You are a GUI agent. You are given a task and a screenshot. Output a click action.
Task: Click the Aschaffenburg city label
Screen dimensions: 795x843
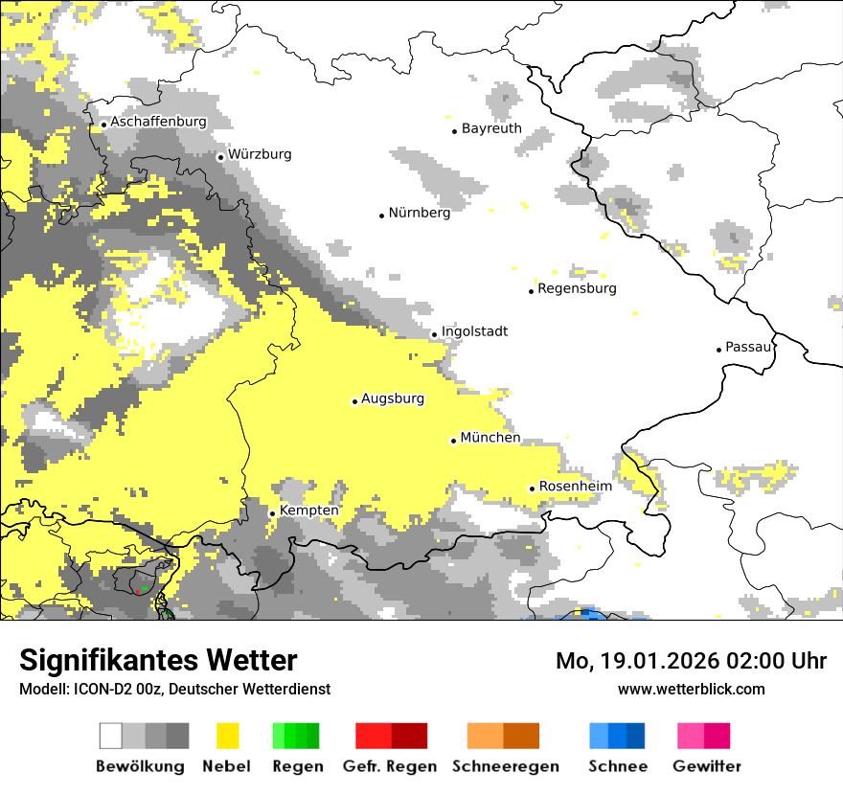[158, 122]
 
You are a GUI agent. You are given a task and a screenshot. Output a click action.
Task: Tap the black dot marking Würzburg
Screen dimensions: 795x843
[220, 157]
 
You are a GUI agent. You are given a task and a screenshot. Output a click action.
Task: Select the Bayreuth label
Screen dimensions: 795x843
[491, 128]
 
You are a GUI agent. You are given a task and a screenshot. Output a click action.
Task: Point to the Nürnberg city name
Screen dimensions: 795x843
[419, 213]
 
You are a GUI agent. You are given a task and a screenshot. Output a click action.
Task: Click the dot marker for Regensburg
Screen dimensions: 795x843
[531, 290]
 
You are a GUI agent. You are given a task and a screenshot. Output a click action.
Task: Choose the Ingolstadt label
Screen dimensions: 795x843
[474, 331]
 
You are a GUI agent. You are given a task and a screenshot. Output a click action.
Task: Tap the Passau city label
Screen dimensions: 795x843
[748, 347]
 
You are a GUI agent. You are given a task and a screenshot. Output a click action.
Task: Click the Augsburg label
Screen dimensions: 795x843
[392, 398]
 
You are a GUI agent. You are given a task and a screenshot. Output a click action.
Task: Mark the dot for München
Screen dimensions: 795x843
[453, 441]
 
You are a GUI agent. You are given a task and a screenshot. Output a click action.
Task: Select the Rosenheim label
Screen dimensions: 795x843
[575, 487]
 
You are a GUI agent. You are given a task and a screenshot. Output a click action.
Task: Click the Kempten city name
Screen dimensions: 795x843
[308, 511]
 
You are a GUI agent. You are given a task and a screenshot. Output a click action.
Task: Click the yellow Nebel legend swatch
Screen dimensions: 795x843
[228, 736]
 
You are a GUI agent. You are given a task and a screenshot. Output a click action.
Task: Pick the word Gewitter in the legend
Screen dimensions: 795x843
[707, 766]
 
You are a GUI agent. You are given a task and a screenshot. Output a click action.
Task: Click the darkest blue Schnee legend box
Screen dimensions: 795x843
[636, 736]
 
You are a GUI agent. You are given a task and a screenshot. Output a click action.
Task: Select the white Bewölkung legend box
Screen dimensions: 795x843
[111, 736]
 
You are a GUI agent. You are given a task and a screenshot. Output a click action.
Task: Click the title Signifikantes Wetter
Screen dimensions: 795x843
[158, 660]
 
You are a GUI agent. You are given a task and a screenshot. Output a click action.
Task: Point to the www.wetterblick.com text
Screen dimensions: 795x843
[691, 689]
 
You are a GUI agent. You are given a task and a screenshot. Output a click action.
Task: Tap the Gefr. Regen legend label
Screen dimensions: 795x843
[390, 766]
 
